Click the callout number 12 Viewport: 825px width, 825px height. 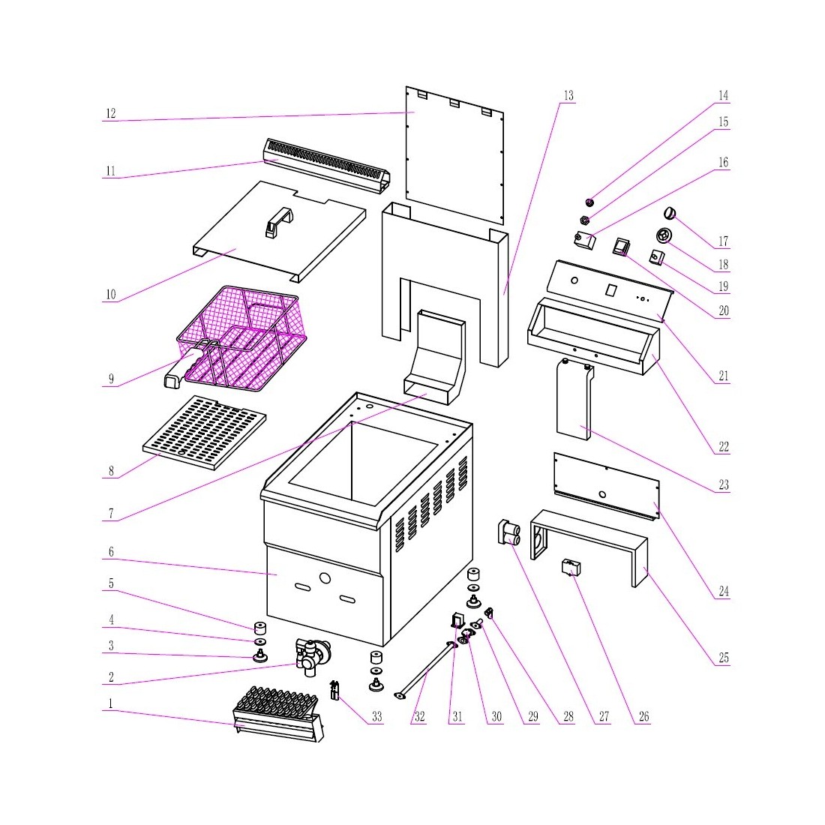coord(111,114)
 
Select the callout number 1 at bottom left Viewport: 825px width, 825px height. coord(111,704)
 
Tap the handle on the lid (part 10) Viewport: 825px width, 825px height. coord(279,222)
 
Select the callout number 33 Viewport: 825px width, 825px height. coord(376,717)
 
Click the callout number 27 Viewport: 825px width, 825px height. coord(604,717)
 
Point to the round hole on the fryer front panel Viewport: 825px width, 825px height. coord(325,579)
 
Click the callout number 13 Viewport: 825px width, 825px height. coord(568,96)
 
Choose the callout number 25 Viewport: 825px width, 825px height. coord(723,658)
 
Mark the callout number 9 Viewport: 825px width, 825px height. coord(111,379)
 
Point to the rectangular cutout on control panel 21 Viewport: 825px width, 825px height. coord(611,289)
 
